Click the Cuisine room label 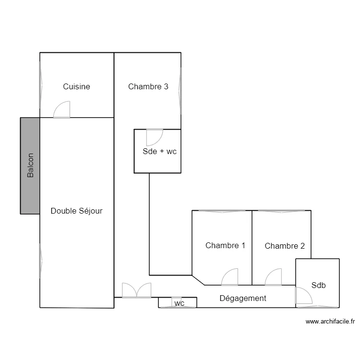click(76, 86)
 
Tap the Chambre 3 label click(148, 86)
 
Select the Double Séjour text click(76, 211)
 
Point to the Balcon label click(30, 165)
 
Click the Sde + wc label click(159, 151)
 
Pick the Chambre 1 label click(225, 245)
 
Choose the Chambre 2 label click(285, 246)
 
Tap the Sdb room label click(318, 285)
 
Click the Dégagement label click(243, 298)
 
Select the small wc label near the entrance click(180, 303)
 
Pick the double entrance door click(137, 290)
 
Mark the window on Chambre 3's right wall click(180, 91)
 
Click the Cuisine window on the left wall click(41, 85)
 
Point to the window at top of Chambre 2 click(281, 211)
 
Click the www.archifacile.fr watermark click(330, 322)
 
